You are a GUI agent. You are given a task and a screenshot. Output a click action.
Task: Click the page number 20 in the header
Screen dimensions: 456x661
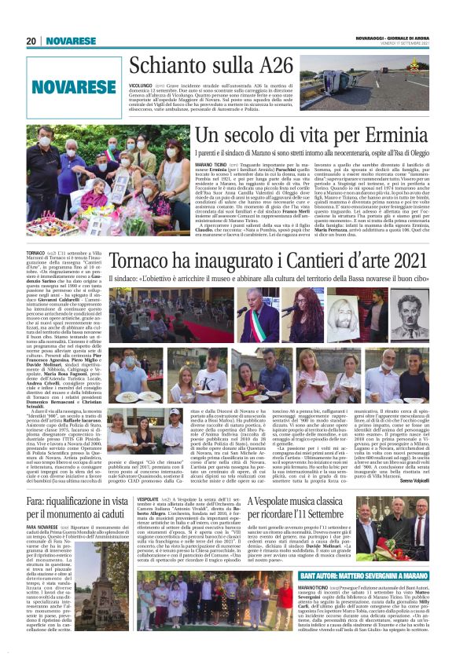pos(31,42)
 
